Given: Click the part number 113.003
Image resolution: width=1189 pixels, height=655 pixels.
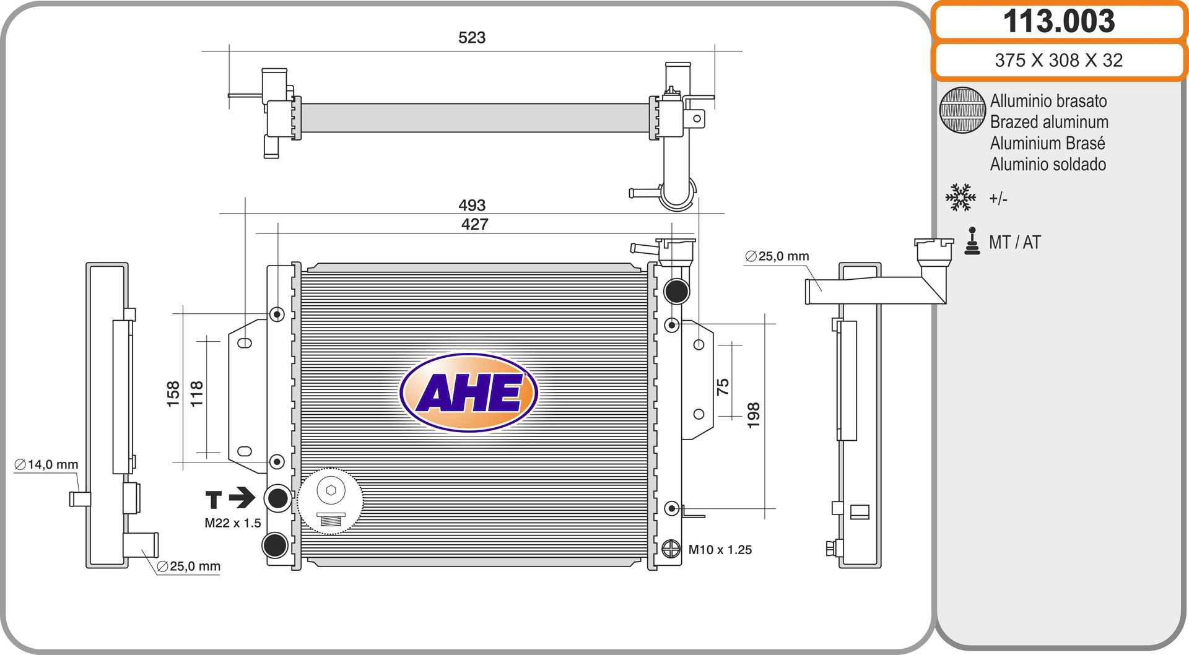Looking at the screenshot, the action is point(1059,21).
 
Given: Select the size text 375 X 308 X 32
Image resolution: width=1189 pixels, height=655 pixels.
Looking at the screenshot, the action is point(1059,60).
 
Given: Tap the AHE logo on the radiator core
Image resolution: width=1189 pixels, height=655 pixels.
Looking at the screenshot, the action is point(469,393).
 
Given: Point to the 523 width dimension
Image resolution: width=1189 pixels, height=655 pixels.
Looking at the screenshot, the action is point(472,38).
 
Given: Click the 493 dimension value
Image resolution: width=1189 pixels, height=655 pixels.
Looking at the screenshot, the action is point(472,205).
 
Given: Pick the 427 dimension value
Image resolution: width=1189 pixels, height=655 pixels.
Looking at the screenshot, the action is point(474,224).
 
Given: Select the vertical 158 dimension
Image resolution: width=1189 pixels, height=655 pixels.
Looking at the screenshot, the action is point(173,394).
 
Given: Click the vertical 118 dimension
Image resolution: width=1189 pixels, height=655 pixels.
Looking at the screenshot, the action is point(196,394).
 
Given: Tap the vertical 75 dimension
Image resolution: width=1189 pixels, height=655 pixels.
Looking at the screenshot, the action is point(723,387).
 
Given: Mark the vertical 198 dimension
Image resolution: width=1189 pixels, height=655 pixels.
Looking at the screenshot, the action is point(753,415).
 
